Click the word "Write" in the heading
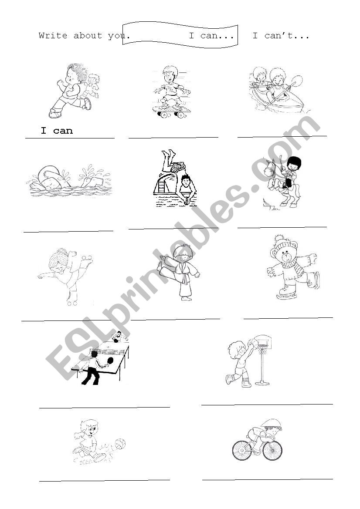(x=53, y=36)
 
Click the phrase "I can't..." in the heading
(x=281, y=36)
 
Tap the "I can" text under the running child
(x=57, y=131)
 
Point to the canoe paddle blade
(x=298, y=80)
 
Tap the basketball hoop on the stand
(x=261, y=340)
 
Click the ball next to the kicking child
(x=120, y=444)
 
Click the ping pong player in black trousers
(x=92, y=368)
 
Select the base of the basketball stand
(x=262, y=383)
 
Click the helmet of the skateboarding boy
(x=168, y=70)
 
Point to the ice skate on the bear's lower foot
(x=287, y=295)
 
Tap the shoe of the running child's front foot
(x=55, y=115)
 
